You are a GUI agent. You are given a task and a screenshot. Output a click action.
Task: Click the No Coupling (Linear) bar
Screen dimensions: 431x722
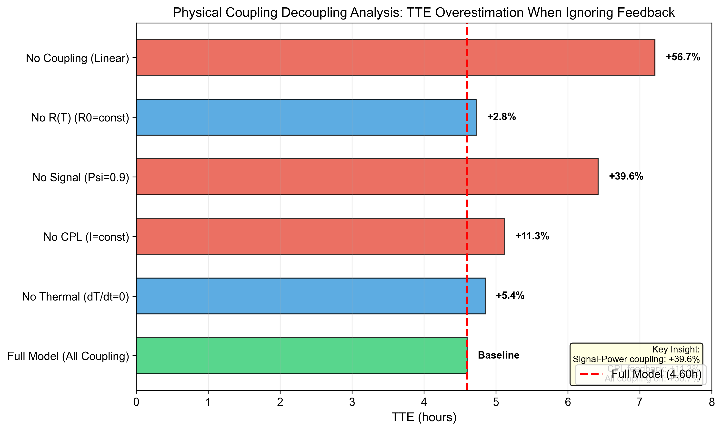[395, 58]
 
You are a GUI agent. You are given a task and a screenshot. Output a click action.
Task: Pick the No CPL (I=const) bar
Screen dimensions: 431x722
[320, 236]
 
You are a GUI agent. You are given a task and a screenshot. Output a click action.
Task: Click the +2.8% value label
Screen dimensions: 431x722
[501, 117]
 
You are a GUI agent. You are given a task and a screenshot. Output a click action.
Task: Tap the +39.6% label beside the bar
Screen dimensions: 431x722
[626, 176]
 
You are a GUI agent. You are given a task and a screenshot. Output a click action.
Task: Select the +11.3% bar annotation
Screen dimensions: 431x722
[532, 236]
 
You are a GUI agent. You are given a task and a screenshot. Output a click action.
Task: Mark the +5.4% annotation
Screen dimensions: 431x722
[510, 296]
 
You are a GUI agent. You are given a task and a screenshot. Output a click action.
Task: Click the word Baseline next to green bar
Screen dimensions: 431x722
[498, 355]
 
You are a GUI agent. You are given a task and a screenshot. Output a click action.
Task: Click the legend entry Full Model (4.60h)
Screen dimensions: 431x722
[656, 374]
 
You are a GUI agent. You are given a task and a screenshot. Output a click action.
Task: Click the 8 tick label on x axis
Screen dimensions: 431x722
[712, 402]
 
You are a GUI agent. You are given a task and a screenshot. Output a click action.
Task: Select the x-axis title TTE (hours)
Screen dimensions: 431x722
[424, 417]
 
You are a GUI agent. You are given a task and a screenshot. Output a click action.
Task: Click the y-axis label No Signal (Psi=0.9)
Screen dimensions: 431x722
[80, 177]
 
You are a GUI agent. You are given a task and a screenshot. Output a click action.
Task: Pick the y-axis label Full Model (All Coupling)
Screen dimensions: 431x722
[68, 356]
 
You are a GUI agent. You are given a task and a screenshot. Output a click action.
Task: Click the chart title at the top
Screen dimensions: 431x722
[424, 12]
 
